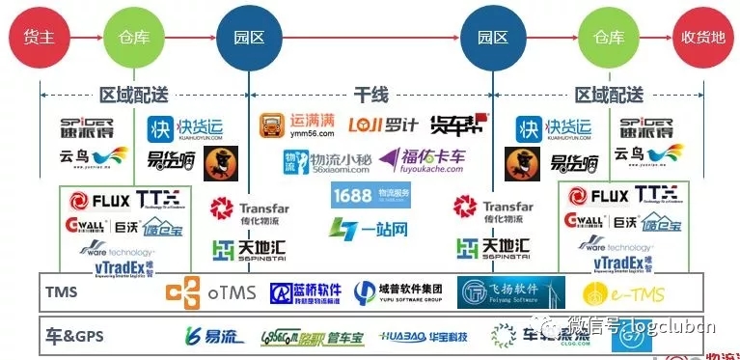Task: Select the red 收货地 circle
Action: (x=703, y=38)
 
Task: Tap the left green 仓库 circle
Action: (x=132, y=38)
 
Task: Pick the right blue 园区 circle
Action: (x=492, y=38)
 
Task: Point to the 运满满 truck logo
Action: (x=299, y=126)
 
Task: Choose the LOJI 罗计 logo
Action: (x=382, y=125)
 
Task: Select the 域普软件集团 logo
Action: (x=397, y=292)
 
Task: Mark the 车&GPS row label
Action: (x=71, y=336)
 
